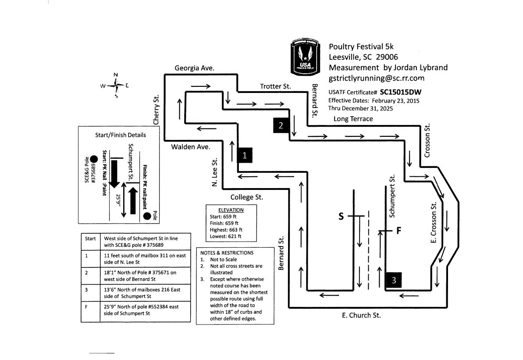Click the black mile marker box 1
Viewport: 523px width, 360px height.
click(x=245, y=155)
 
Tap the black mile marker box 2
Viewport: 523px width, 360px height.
click(x=281, y=125)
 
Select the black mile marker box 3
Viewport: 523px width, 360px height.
click(x=394, y=281)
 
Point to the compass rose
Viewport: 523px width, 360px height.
click(x=116, y=86)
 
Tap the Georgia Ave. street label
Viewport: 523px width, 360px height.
click(x=194, y=68)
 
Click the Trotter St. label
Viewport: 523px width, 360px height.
click(x=275, y=86)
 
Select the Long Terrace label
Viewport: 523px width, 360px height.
click(x=353, y=119)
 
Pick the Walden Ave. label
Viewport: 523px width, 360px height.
click(x=191, y=147)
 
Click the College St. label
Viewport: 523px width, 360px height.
click(x=247, y=197)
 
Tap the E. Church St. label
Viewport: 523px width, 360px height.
click(x=361, y=315)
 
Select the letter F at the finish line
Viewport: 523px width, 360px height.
click(x=399, y=231)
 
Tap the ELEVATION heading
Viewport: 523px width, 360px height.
click(x=231, y=210)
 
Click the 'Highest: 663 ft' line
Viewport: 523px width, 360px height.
click(x=226, y=230)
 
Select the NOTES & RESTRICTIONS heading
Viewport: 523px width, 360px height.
click(x=227, y=253)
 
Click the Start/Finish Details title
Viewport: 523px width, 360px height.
click(x=121, y=135)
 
